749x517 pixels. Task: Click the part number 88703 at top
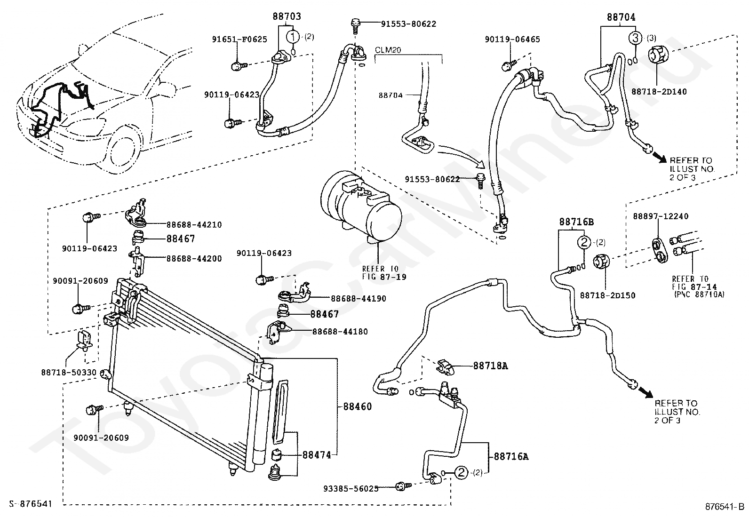[287, 16]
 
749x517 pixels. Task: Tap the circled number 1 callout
[293, 36]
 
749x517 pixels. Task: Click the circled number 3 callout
[635, 38]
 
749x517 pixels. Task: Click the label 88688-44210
[193, 225]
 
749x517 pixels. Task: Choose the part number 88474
[317, 455]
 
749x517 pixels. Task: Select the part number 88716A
[511, 456]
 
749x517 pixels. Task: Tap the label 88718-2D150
[607, 295]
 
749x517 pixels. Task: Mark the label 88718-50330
[69, 373]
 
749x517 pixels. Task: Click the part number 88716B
[576, 222]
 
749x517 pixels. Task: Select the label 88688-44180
[340, 332]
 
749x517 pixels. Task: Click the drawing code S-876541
[27, 504]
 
